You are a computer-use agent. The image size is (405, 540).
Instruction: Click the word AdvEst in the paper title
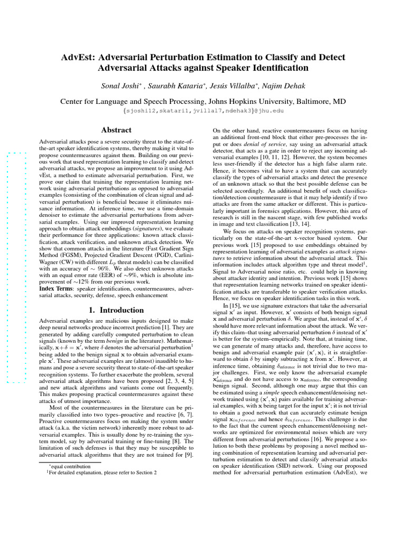[78, 57]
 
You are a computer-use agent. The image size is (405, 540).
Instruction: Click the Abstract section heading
[116, 130]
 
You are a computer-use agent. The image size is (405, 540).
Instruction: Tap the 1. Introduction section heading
[116, 310]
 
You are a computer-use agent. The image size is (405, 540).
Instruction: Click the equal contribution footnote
[69, 466]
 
